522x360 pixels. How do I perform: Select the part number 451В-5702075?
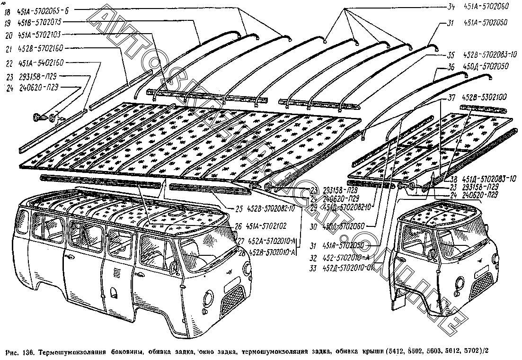point(40,22)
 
